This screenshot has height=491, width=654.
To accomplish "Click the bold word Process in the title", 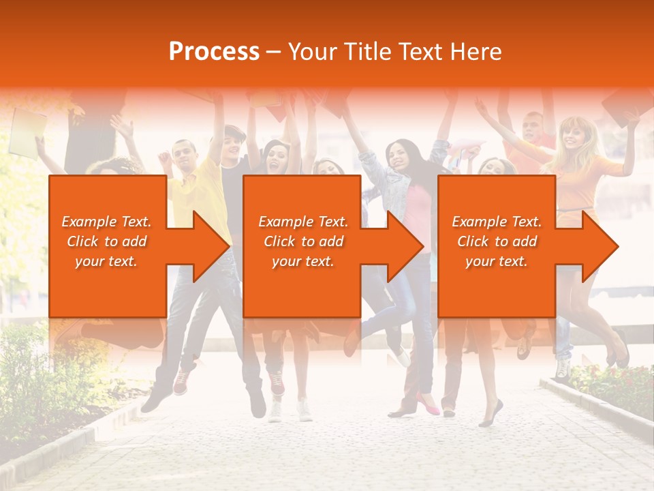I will pos(214,52).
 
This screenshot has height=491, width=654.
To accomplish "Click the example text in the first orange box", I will pos(107,241).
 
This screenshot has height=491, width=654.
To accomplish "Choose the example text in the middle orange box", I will pos(303,241).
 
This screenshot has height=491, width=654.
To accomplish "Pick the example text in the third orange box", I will pos(497,241).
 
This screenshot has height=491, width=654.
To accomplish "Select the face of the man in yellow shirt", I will pos(185,155).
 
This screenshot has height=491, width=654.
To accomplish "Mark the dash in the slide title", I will pos(274,53).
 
